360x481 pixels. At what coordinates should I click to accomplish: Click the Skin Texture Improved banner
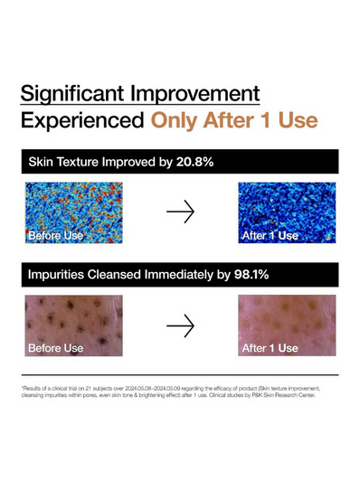click(179, 163)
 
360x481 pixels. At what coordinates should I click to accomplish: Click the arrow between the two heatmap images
click(181, 212)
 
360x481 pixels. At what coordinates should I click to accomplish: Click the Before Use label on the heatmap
click(56, 236)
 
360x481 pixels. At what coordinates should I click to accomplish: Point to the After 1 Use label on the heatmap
click(270, 236)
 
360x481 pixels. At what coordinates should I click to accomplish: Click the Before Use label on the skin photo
click(56, 348)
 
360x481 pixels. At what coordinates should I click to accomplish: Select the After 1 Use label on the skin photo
click(270, 348)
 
